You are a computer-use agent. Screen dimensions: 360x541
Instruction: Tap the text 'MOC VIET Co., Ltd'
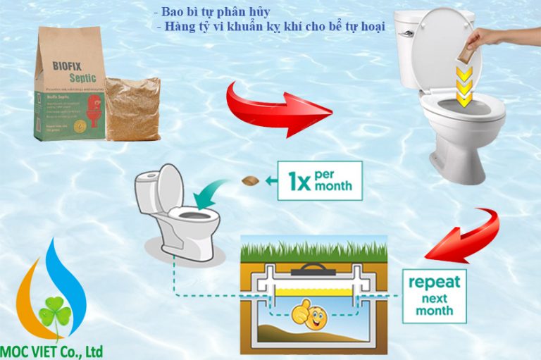(x=53, y=350)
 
